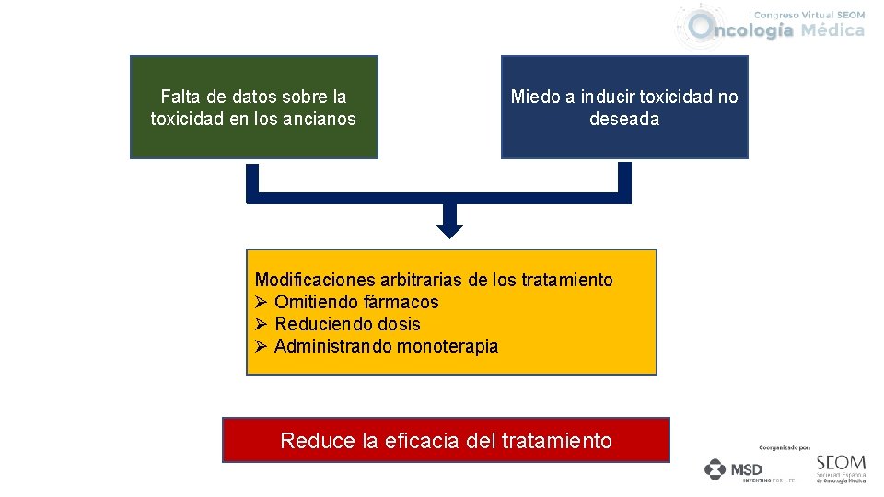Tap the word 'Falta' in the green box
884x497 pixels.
[x=180, y=97]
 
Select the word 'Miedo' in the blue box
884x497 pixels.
[x=534, y=97]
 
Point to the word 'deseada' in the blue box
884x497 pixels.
[x=624, y=119]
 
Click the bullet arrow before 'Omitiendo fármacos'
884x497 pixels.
[x=262, y=302]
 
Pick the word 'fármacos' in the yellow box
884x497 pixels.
[x=401, y=302]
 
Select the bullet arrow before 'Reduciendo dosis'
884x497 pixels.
[x=262, y=324]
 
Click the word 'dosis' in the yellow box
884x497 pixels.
[x=399, y=324]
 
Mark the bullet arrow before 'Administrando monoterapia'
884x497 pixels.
[x=262, y=346]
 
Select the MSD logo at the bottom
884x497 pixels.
[x=734, y=469]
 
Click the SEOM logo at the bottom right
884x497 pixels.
[x=841, y=467]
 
